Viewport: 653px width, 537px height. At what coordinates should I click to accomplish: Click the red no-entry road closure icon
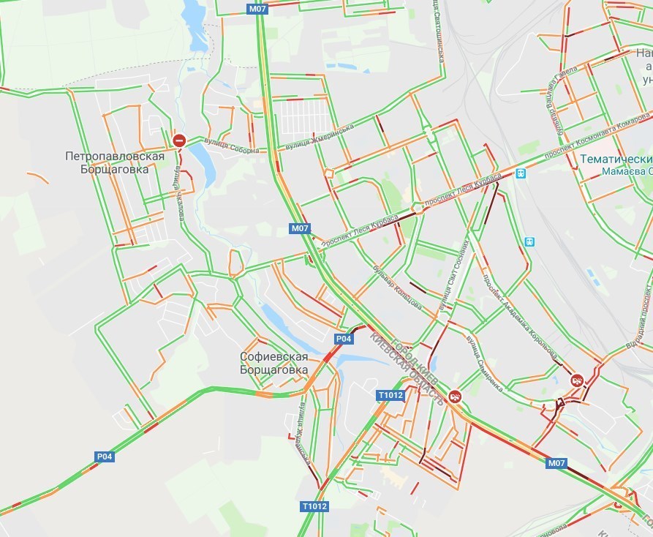point(179,140)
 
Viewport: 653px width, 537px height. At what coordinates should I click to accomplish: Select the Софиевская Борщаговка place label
point(273,363)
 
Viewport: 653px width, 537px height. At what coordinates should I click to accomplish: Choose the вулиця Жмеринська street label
point(320,138)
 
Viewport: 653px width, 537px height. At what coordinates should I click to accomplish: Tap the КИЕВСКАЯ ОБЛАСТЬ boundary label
point(407,370)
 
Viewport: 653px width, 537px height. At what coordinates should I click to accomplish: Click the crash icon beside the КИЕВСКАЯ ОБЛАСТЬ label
point(456,396)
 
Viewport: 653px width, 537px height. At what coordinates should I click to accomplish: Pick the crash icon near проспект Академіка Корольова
point(577,380)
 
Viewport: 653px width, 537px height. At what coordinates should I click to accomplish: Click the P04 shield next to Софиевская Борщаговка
point(344,339)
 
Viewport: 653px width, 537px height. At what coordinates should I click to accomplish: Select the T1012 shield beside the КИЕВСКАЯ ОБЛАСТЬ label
point(390,396)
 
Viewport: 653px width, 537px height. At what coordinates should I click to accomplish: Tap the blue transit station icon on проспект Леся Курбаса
point(521,173)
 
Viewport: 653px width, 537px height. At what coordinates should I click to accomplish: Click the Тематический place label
point(616,159)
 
